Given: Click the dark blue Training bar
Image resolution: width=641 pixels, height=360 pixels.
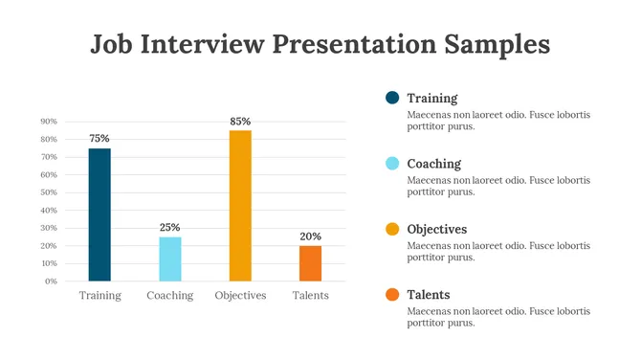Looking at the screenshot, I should (x=99, y=214).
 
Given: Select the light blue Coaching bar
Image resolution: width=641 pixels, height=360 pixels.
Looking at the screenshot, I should (x=169, y=259).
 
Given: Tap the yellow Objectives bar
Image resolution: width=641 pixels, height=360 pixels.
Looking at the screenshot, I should (x=240, y=206).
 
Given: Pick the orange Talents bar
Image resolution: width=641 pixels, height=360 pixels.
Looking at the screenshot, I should (x=310, y=263).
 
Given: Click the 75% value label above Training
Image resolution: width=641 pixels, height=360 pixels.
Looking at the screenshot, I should (x=99, y=139).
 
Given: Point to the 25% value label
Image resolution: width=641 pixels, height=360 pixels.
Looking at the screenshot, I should (x=169, y=228).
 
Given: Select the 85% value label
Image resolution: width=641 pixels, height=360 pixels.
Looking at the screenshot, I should (x=240, y=122).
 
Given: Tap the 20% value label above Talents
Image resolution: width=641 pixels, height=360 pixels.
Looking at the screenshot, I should (x=310, y=236).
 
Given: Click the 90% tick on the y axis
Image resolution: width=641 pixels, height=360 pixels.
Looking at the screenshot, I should (x=49, y=122).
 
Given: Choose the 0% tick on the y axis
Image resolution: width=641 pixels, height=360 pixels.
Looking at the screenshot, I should (x=51, y=281).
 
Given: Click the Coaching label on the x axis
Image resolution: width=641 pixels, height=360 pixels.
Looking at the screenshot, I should (x=169, y=296).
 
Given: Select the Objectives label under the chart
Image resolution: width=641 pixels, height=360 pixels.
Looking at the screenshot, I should (x=240, y=296).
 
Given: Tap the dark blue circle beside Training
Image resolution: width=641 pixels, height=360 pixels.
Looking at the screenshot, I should (x=392, y=98).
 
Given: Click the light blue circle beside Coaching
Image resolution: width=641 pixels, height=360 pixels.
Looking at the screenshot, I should (x=392, y=164).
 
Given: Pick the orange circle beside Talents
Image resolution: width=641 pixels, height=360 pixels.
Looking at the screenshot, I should (x=392, y=295).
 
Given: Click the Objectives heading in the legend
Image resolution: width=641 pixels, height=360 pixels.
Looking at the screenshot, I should (x=436, y=230).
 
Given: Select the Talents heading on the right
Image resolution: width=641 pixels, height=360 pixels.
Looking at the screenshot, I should (x=428, y=295).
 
